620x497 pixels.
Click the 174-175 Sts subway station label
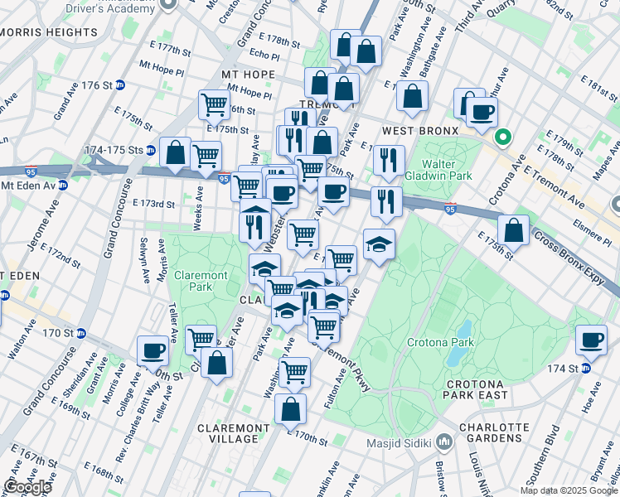click(120, 151)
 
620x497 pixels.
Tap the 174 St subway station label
click(567, 369)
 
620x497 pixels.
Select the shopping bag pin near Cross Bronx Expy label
click(514, 230)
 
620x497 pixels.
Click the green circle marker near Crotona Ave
click(501, 137)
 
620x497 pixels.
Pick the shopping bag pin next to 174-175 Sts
click(175, 152)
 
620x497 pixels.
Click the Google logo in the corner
click(27, 487)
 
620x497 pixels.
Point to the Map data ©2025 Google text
click(569, 490)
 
